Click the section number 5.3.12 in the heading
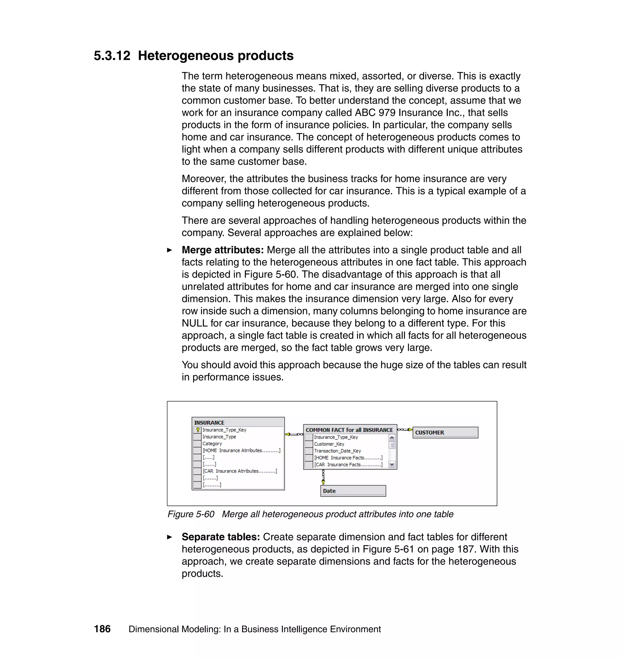pyautogui.click(x=112, y=56)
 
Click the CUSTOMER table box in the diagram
pyautogui.click(x=445, y=432)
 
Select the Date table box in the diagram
pyautogui.click(x=353, y=491)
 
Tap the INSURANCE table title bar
pyautogui.click(x=238, y=423)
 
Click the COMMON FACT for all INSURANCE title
pyautogui.click(x=349, y=430)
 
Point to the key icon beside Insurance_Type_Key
pyautogui.click(x=198, y=430)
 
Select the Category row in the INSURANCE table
pyautogui.click(x=212, y=444)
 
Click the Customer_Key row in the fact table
pyautogui.click(x=329, y=444)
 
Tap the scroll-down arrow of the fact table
pyautogui.click(x=392, y=464)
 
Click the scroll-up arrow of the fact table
pyautogui.click(x=392, y=438)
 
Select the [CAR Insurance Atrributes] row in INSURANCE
pyautogui.click(x=239, y=471)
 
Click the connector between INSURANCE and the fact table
pyautogui.click(x=294, y=434)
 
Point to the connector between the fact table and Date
pyautogui.click(x=323, y=477)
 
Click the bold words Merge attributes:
pyautogui.click(x=222, y=250)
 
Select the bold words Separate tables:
pyautogui.click(x=221, y=537)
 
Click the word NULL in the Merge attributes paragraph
pyautogui.click(x=194, y=323)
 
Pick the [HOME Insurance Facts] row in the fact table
pyautogui.click(x=348, y=458)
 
